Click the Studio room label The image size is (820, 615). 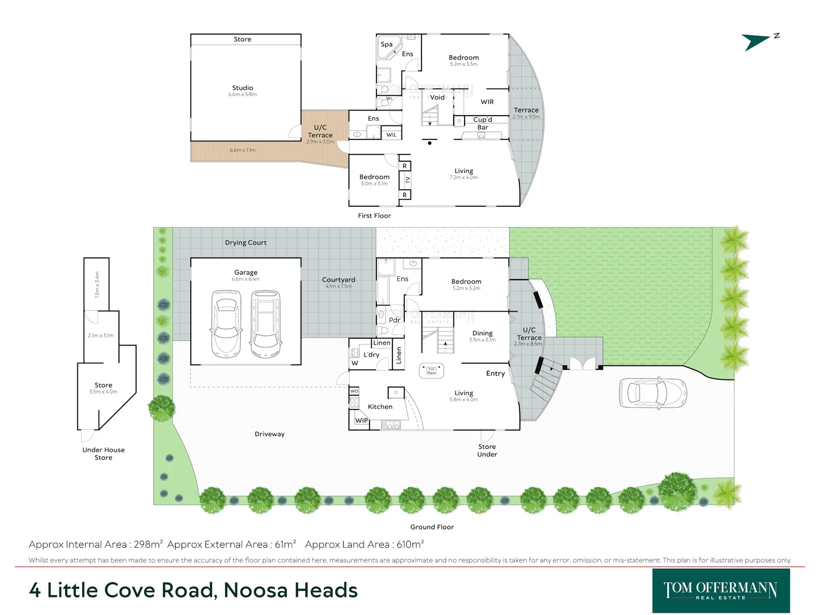coord(243,88)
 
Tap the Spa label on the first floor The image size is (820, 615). coord(387,44)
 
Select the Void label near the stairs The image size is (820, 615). coord(437,97)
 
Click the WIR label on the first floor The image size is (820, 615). coord(487,102)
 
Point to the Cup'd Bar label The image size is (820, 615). coord(482,124)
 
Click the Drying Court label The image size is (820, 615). coord(245,243)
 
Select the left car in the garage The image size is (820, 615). coord(226,324)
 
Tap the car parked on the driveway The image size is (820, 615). coord(652,392)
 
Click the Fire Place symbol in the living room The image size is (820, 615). coord(431,371)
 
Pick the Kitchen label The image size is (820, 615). coord(380,407)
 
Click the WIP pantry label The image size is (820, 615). coord(361,421)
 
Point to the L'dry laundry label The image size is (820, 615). coord(371,355)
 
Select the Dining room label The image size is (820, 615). coord(482,333)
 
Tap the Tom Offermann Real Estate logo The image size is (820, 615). coord(720,591)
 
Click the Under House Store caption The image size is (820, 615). coord(103,454)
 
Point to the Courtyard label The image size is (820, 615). coord(338,280)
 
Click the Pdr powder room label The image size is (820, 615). coord(395,320)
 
